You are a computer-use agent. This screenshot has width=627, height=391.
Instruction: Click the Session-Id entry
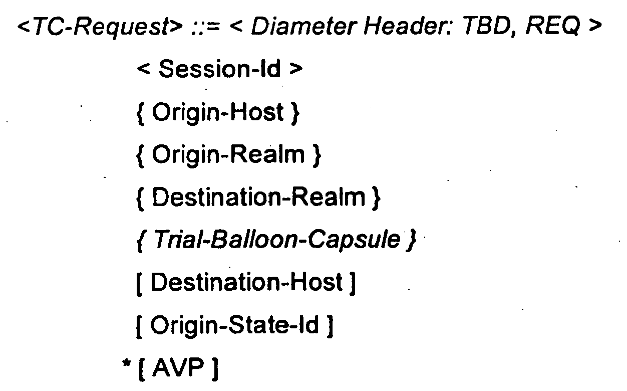pos(220,69)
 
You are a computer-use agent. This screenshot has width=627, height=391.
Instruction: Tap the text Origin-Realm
pos(228,155)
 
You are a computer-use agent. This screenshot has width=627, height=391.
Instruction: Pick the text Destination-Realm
pos(258,198)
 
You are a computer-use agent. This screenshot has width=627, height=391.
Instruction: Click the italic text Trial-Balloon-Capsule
pos(277,240)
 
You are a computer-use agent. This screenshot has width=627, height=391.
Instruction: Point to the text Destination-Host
pos(246,282)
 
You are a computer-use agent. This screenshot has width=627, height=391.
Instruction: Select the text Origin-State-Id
pos(235,325)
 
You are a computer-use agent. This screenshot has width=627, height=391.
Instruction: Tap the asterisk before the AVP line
pos(127,363)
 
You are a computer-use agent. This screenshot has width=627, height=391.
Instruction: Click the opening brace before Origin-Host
pos(140,114)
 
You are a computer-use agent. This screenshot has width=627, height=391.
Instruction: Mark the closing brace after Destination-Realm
pos(377,199)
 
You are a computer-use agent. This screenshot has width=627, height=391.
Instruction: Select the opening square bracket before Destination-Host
pos(139,283)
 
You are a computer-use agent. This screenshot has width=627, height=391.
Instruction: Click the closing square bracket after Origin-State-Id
pos(330,326)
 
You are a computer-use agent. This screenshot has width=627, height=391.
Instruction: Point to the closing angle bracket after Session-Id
pos(296,69)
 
